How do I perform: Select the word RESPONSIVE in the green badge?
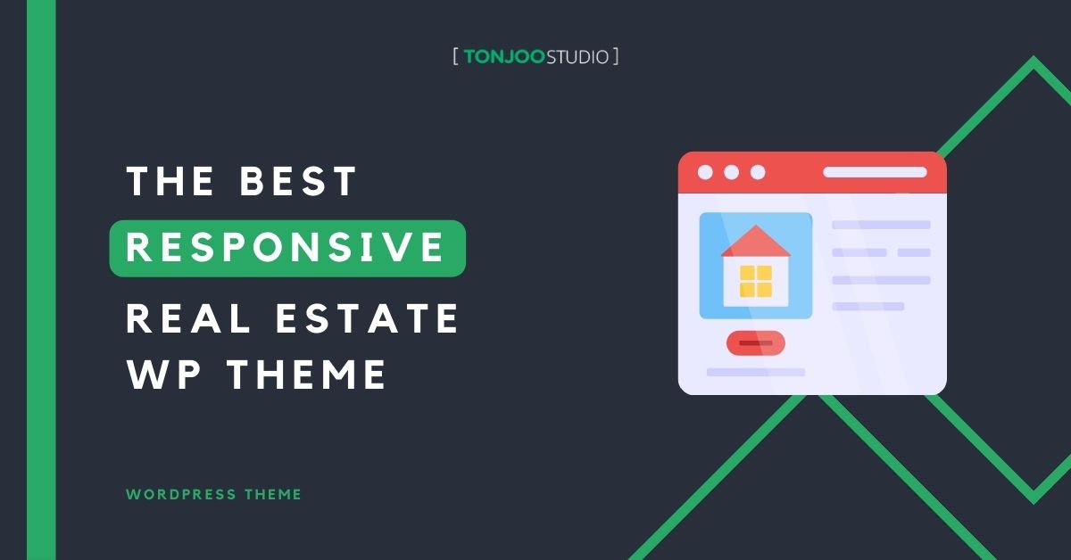(286, 247)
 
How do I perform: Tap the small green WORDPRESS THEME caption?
(214, 494)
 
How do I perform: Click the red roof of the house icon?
(755, 241)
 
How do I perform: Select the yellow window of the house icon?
(755, 281)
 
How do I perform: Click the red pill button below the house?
(755, 342)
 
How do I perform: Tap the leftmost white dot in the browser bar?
(705, 172)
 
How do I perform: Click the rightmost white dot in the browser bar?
(758, 172)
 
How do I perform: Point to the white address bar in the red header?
(875, 172)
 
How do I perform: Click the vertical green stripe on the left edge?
(41, 280)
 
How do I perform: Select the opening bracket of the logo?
(456, 57)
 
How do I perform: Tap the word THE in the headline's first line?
(170, 182)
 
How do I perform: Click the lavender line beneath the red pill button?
(755, 372)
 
